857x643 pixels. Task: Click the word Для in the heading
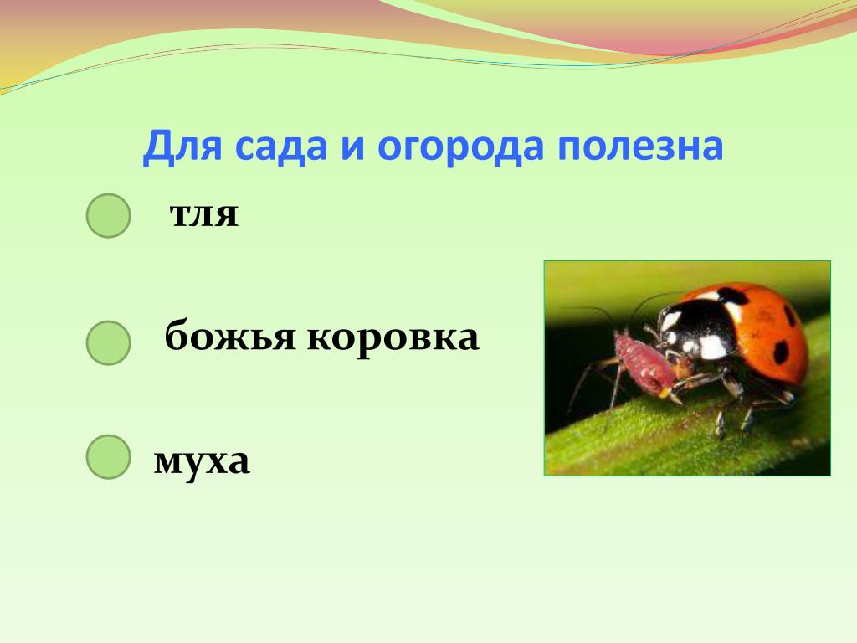point(182,147)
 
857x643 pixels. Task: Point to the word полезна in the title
point(640,147)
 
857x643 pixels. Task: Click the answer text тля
point(204,214)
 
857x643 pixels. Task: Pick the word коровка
point(393,337)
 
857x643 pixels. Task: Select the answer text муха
point(202,462)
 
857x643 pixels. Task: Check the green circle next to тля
point(108,215)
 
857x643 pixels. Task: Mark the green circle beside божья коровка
point(108,342)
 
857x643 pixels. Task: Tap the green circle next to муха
point(108,456)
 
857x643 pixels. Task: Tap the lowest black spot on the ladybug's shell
point(781,352)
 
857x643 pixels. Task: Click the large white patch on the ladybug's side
point(714,347)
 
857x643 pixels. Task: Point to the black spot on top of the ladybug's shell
point(732,296)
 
